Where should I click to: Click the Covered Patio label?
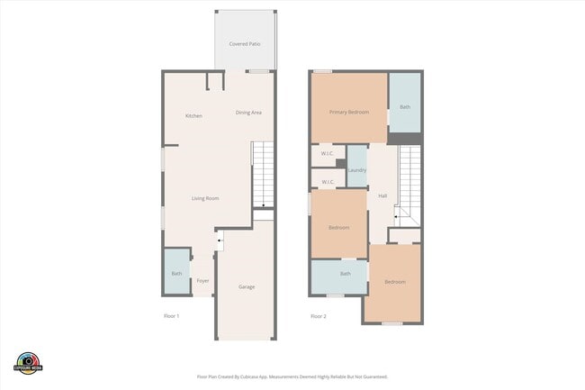coord(245,43)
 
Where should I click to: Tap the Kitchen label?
coord(193,116)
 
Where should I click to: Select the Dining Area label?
coord(248,113)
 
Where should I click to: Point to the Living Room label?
coord(205,198)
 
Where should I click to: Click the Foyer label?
coord(203,281)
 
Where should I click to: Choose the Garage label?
coord(247,286)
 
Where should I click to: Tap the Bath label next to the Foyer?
coord(176,274)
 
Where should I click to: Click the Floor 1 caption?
coord(172,316)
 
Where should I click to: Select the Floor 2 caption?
coord(319,316)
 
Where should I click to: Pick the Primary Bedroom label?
coord(349,113)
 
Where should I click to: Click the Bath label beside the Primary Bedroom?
coord(405,107)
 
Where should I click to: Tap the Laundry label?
coord(356,170)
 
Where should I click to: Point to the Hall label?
coord(382,195)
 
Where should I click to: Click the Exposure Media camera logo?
coord(29,360)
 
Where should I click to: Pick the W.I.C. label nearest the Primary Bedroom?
coord(328,153)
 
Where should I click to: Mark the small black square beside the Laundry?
coord(341,163)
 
